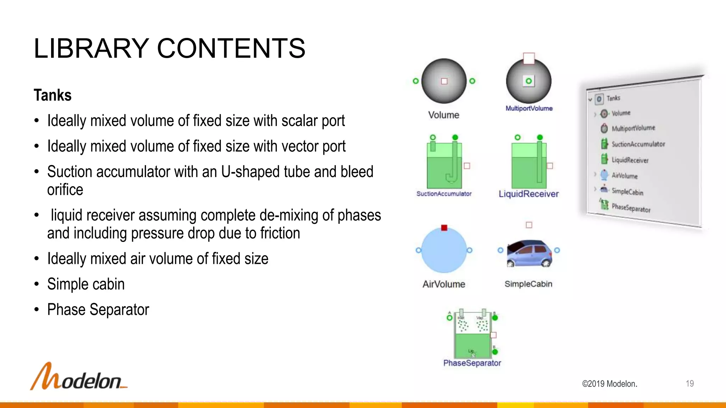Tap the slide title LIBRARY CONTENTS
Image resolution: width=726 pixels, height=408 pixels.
169,49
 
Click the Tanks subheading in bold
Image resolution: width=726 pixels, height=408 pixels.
52,95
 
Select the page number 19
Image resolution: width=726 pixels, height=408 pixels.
689,384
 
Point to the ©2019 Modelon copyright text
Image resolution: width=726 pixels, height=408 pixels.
609,384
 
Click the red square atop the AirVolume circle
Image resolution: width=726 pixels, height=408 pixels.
444,228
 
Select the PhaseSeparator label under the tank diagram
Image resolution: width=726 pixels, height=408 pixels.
472,363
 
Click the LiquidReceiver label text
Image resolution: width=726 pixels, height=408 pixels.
529,194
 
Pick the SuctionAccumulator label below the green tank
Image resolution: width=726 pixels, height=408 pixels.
444,194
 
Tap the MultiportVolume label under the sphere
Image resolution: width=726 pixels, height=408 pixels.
529,108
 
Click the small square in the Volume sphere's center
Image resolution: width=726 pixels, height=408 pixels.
444,81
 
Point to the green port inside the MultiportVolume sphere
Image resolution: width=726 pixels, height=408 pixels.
529,81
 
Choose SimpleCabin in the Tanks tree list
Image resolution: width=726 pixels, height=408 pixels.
627,192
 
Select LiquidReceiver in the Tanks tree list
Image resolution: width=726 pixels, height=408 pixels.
630,160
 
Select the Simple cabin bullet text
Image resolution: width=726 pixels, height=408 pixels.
86,284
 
